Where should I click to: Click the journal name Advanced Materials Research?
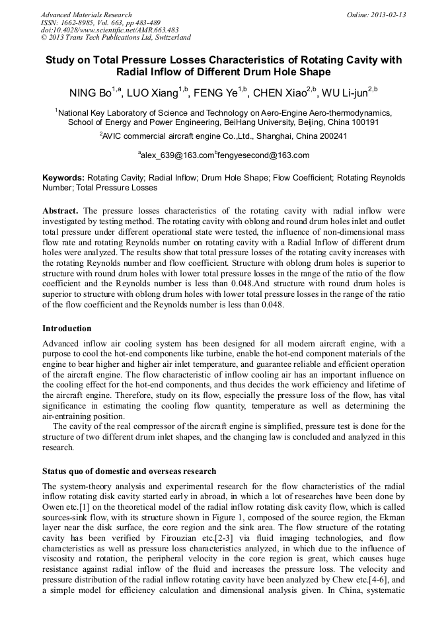pyautogui.click(x=86, y=15)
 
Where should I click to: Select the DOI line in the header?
pyautogui.click(x=110, y=30)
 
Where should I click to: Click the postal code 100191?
pyautogui.click(x=364, y=122)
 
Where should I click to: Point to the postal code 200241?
pyautogui.click(x=328, y=136)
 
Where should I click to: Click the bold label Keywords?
pyautogui.click(x=63, y=178)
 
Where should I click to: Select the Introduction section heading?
pyautogui.click(x=67, y=329)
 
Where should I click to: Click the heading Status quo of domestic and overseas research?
pyautogui.click(x=129, y=471)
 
